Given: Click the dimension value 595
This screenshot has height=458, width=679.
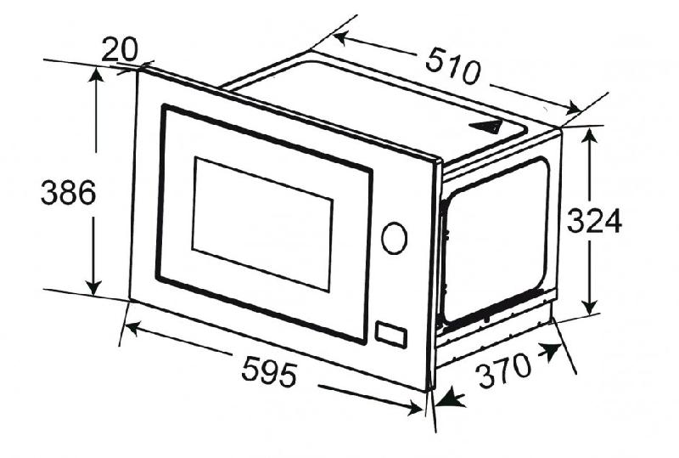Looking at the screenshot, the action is (x=269, y=370).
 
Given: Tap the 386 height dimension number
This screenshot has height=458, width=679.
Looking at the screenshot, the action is (x=69, y=193).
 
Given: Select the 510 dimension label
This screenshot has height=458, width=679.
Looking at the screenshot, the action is (x=453, y=67).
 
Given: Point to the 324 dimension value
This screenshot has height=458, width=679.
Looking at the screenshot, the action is (x=594, y=221).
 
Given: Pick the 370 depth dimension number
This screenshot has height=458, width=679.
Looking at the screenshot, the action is (x=503, y=370).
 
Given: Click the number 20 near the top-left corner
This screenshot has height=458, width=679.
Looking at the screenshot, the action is (x=120, y=49).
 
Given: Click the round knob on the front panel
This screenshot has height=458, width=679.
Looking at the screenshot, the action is (x=394, y=238).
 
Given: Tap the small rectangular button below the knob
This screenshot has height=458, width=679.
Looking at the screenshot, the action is (x=390, y=335).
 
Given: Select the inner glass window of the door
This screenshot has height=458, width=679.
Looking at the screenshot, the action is (x=262, y=224).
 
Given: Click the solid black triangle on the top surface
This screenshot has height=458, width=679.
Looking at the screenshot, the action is (x=487, y=127).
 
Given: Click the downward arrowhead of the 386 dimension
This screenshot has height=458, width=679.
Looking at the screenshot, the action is (x=93, y=288).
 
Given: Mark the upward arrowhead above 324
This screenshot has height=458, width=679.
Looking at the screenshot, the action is (x=589, y=136).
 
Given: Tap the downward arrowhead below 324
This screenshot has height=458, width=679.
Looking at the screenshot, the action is (x=589, y=307).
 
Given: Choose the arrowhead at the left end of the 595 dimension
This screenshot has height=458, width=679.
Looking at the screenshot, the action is (x=132, y=328).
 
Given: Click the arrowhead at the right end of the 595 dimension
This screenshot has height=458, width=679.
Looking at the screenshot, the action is (x=415, y=408).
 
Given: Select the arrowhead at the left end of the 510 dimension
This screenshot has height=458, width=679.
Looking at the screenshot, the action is (x=341, y=38).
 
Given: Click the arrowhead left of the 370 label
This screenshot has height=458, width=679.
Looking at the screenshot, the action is (x=451, y=397).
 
